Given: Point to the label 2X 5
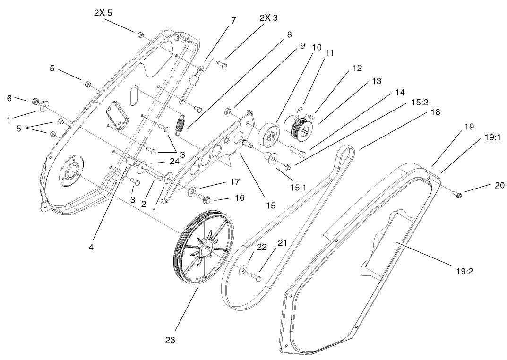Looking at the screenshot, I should pyautogui.click(x=103, y=13).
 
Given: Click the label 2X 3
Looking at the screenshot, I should pyautogui.click(x=268, y=18).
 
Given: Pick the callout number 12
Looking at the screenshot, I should pyautogui.click(x=357, y=68).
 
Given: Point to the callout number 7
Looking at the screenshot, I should pyautogui.click(x=233, y=21).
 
